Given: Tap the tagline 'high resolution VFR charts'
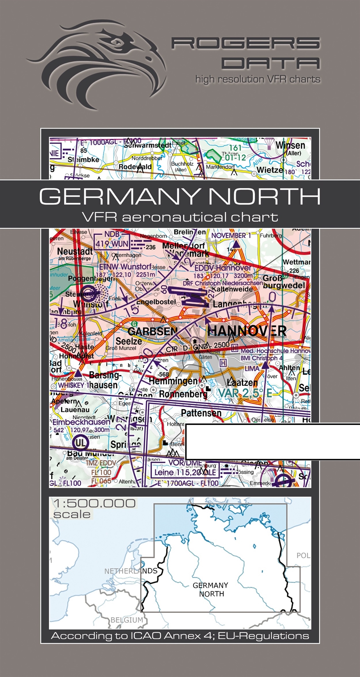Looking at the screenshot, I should click(x=257, y=79).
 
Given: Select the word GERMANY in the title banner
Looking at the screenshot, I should click(x=119, y=197).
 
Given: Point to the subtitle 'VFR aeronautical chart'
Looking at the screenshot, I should click(x=180, y=217).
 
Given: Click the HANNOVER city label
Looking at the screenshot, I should click(x=247, y=331).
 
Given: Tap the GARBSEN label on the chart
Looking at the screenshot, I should click(x=153, y=331).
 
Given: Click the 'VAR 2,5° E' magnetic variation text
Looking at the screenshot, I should click(x=245, y=393).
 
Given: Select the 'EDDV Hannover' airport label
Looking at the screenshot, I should click(x=223, y=268).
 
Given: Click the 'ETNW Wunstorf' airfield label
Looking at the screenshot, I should click(x=125, y=267).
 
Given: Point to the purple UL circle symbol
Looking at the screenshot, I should click(x=81, y=442).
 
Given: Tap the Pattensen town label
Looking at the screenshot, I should click(x=201, y=413).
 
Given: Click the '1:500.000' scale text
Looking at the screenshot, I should click(x=94, y=503).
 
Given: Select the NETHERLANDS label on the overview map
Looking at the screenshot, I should click(x=131, y=571).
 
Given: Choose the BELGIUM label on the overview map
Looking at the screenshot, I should click(x=126, y=620).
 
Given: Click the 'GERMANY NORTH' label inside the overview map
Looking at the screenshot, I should click(x=210, y=589).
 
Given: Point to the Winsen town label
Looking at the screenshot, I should click(x=290, y=145).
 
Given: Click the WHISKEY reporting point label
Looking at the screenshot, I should click(x=71, y=385).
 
